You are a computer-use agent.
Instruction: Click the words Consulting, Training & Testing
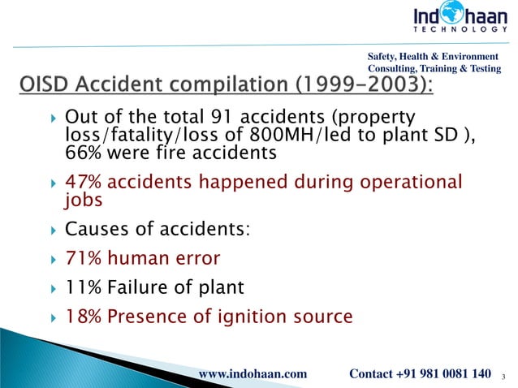(x=434, y=70)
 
